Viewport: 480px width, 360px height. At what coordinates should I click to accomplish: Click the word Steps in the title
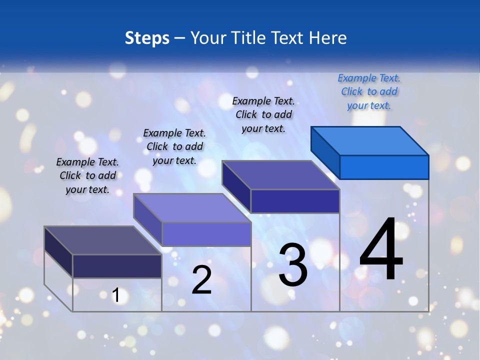click(146, 38)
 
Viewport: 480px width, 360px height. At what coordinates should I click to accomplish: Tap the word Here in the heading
click(327, 38)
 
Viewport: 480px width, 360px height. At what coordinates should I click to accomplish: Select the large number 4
click(381, 250)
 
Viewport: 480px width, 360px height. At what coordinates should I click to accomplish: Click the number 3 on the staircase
click(293, 265)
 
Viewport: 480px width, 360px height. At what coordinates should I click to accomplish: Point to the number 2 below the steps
click(201, 280)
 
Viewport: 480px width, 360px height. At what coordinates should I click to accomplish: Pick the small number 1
click(116, 295)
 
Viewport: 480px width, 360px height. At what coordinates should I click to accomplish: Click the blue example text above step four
click(369, 91)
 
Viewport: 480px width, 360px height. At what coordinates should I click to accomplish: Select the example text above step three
click(263, 114)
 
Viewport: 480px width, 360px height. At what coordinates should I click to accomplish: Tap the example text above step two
click(174, 146)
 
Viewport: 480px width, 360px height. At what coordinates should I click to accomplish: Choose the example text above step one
click(87, 175)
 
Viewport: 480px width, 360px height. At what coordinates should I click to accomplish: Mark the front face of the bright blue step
click(384, 167)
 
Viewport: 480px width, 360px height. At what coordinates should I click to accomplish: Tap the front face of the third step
click(295, 201)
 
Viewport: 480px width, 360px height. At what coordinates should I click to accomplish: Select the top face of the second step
click(192, 208)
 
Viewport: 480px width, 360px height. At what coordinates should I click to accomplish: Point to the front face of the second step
click(206, 234)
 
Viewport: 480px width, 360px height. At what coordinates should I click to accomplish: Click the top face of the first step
click(103, 240)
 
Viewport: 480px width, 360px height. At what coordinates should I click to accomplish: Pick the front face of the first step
click(117, 266)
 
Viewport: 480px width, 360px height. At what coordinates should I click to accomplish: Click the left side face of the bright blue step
click(325, 152)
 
